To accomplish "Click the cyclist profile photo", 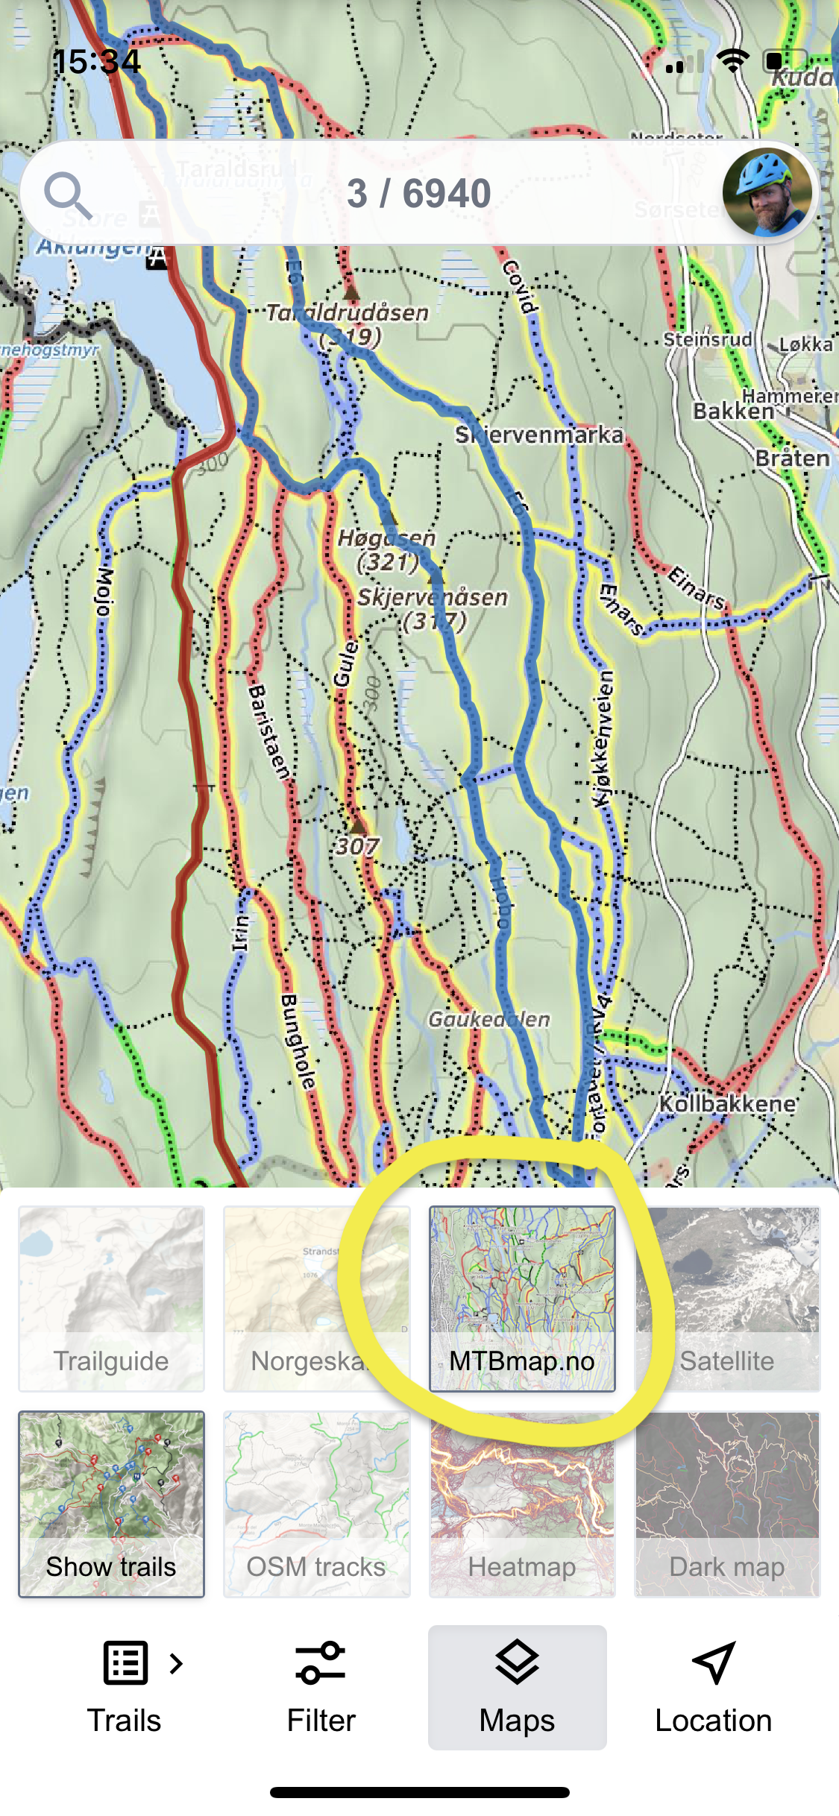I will coord(767,193).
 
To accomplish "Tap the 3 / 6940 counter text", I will coord(418,194).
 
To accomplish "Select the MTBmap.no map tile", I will coord(522,1298).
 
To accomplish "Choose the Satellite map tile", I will coord(727,1298).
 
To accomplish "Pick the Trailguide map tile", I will coord(111,1298).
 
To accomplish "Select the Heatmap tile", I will coord(522,1504).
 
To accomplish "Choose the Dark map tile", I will coord(727,1504).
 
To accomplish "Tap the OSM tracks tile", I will coord(316,1504).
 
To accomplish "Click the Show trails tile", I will coord(111,1504).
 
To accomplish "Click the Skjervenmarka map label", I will coord(539,435).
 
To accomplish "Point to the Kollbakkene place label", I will coord(727,1103).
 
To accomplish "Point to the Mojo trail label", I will coord(104,592).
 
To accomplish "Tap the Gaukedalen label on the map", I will coord(488,1019).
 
